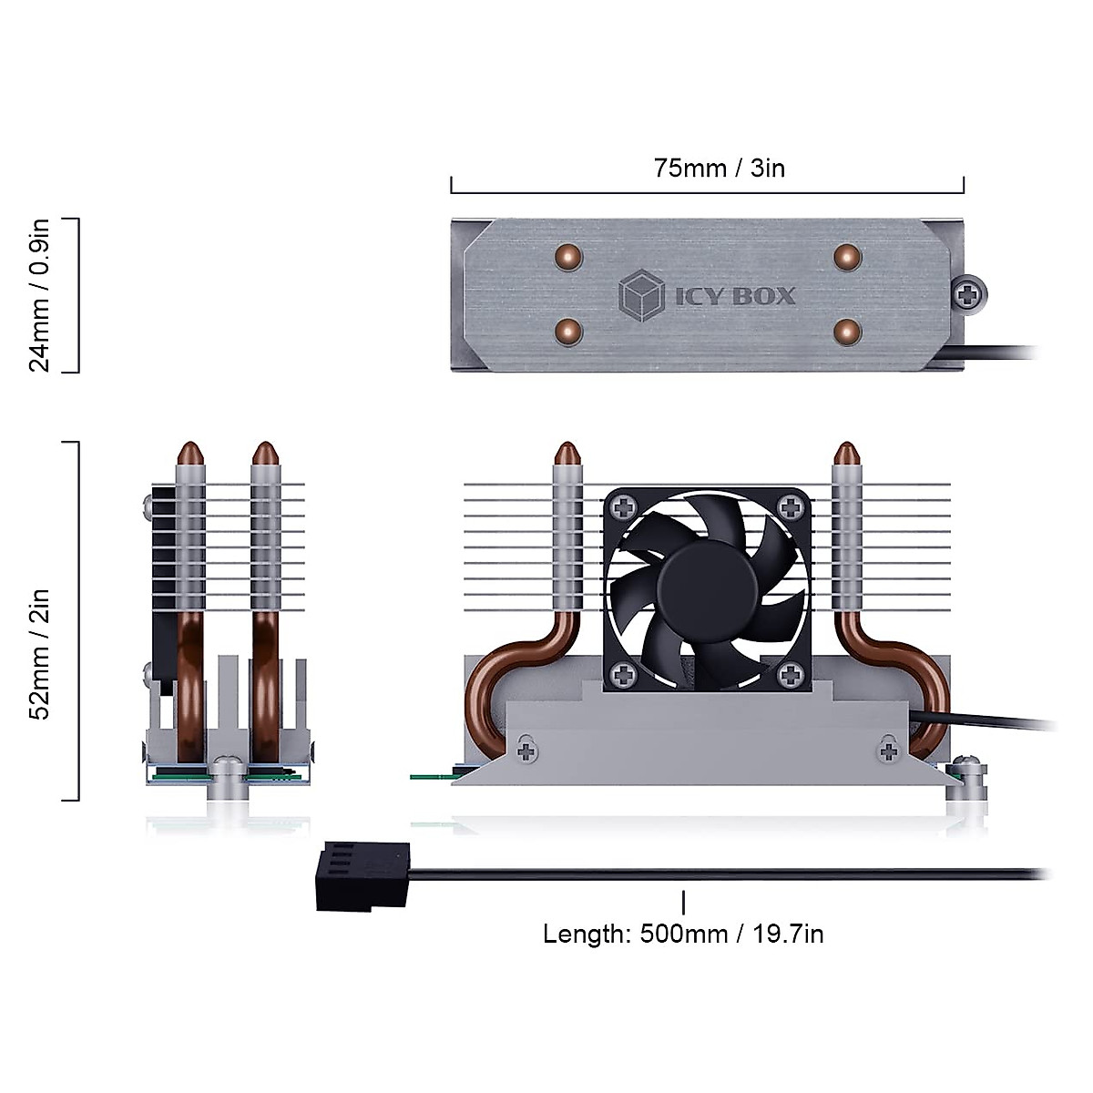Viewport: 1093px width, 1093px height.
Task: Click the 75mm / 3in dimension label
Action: [719, 169]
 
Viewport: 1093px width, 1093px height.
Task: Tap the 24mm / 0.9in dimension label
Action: [39, 295]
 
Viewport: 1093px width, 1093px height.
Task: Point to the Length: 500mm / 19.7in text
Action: [683, 934]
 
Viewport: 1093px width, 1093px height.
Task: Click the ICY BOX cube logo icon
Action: [641, 295]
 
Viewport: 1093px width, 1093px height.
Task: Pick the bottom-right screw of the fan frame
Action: [791, 674]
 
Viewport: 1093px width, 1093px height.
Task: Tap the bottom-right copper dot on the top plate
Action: [847, 331]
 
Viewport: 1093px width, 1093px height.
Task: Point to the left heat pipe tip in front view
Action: [567, 453]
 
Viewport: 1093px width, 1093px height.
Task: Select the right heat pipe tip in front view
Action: [847, 453]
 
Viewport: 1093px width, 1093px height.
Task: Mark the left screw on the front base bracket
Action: [526, 751]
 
